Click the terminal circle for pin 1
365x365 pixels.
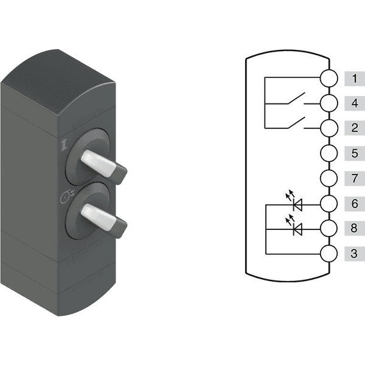point(328,78)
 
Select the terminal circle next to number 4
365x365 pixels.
point(328,103)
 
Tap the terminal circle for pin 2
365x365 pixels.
point(328,128)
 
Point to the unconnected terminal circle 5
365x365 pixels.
point(328,153)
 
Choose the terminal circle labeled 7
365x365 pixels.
point(328,178)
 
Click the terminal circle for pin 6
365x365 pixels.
point(328,204)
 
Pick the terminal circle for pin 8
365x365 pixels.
point(328,229)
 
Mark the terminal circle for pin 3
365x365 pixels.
point(328,254)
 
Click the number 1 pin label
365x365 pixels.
point(355,78)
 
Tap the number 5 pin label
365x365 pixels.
point(355,153)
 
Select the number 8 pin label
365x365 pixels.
point(355,228)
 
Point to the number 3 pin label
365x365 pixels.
point(355,254)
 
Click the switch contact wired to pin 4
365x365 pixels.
point(296,98)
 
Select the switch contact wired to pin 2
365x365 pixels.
point(296,123)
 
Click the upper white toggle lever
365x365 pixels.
point(99,163)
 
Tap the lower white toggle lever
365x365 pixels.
point(99,217)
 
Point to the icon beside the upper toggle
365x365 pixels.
point(64,145)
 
